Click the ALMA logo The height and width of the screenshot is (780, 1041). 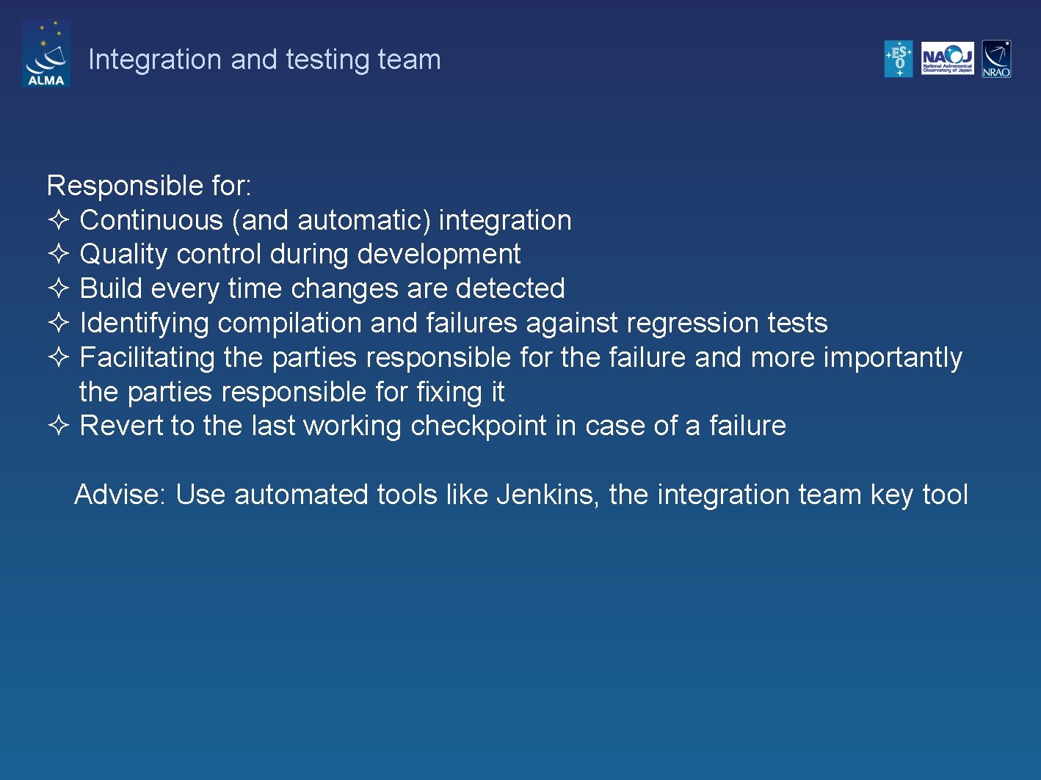tap(46, 54)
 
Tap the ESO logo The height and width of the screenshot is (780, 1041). tap(899, 59)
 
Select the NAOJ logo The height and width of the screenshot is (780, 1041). tap(947, 59)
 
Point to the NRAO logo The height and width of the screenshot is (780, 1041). tap(996, 59)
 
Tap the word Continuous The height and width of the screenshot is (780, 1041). tap(151, 220)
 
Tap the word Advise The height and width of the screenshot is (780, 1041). tap(120, 495)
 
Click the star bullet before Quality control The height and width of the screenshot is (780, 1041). tap(59, 254)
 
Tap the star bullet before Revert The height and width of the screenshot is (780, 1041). tap(59, 425)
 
